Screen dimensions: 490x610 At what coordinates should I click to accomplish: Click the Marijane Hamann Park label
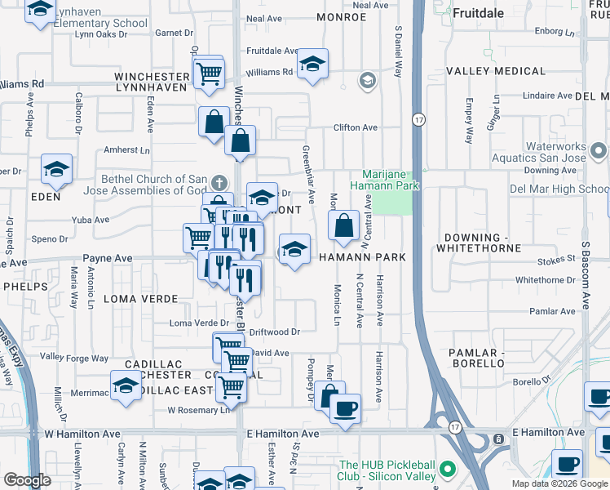click(391, 180)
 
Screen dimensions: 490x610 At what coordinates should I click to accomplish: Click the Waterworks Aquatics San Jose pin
click(599, 151)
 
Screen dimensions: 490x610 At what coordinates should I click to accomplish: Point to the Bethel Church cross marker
click(217, 181)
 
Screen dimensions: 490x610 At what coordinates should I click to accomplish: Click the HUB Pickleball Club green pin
click(447, 470)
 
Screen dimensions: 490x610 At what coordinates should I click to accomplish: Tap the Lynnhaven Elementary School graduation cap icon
click(40, 11)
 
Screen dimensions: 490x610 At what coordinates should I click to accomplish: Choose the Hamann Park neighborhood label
click(361, 257)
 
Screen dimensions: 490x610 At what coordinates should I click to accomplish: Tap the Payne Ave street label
click(108, 258)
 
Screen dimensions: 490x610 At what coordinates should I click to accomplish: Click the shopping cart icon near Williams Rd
click(210, 73)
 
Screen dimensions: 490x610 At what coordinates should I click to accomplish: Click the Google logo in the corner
click(28, 480)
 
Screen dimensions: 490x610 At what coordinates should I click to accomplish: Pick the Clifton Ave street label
click(355, 128)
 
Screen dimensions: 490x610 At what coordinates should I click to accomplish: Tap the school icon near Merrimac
click(126, 387)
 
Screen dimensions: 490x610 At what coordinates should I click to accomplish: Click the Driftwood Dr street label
click(275, 332)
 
